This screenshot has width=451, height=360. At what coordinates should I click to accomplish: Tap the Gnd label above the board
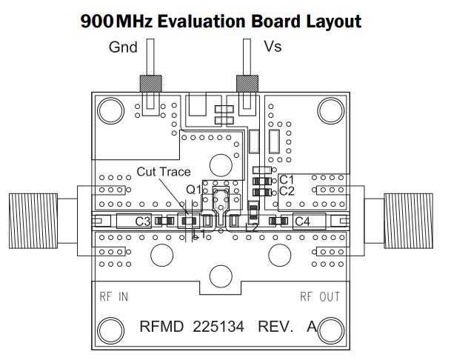[x=123, y=47]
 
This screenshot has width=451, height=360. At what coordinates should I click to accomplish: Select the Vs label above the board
[x=273, y=47]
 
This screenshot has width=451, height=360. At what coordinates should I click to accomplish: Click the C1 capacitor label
[x=287, y=179]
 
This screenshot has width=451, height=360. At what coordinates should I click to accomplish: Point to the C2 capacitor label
[x=287, y=191]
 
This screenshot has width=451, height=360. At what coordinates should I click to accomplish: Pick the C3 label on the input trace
[x=144, y=221]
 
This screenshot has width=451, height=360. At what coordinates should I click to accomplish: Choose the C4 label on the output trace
[x=302, y=221]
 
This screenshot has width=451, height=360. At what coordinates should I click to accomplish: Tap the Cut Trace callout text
[x=164, y=172]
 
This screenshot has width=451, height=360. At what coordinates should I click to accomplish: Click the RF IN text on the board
[x=114, y=297]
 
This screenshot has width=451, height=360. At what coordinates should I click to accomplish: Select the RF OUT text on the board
[x=320, y=297]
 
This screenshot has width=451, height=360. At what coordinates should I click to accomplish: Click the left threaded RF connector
[x=34, y=220]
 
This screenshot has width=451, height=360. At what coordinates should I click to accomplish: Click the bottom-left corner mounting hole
[x=111, y=330]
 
